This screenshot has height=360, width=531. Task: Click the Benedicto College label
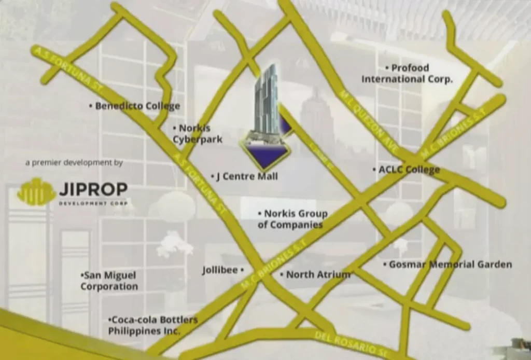point(137,106)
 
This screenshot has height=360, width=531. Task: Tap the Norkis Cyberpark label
point(198,134)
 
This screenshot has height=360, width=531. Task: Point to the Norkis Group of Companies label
point(293,219)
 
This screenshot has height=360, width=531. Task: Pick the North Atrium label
point(318,274)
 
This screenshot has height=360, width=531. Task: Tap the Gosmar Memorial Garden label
point(450,265)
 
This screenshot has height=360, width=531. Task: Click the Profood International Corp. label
point(408,74)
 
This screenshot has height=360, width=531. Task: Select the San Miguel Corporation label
point(109,281)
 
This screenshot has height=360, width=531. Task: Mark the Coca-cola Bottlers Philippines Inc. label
point(152,325)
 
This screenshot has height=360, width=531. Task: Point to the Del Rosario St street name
point(350,343)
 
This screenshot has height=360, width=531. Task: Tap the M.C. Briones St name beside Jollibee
point(274,265)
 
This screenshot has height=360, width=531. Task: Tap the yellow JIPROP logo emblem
point(36,191)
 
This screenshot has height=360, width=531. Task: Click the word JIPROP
point(93,189)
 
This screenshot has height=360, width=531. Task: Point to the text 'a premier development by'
point(74,163)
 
